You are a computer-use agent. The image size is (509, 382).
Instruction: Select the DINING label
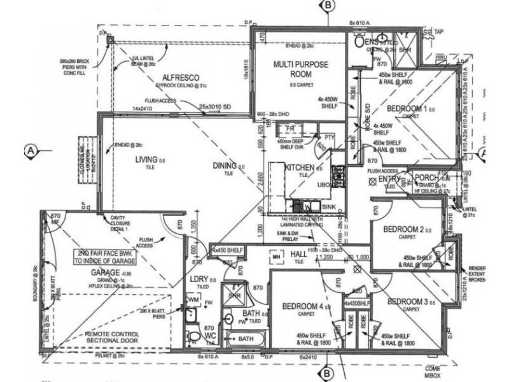tap(225, 167)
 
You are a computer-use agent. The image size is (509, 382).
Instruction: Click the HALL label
tap(298, 255)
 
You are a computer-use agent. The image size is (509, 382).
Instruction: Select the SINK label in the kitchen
tap(329, 208)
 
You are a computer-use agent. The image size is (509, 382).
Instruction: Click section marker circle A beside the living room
tap(30, 151)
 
